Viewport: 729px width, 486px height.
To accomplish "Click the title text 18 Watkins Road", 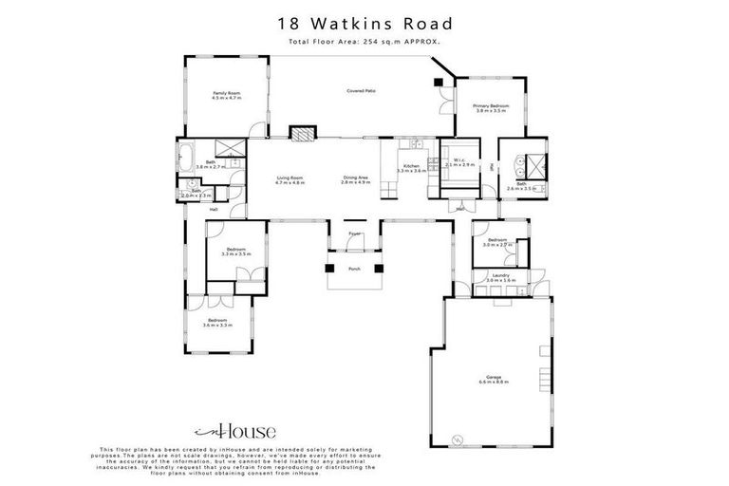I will (364, 24).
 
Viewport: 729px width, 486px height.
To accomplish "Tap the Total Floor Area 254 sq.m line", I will (364, 43).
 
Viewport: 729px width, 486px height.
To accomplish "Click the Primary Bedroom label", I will (493, 107).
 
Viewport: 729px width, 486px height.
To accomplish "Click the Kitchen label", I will (411, 167).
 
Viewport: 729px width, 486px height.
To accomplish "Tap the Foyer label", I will (354, 233).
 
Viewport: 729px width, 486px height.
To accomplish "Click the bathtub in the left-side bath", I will (186, 153).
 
